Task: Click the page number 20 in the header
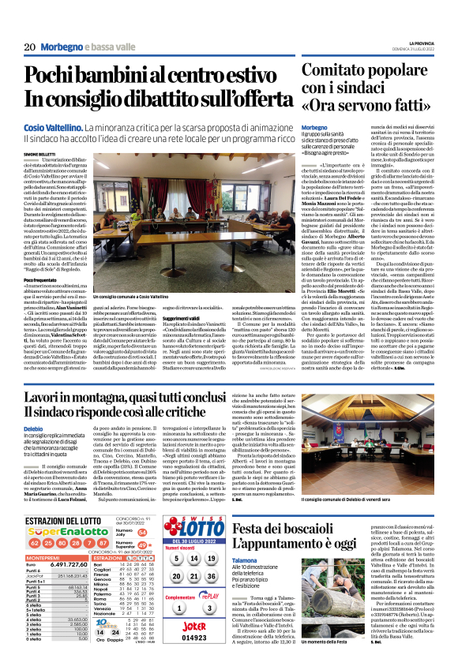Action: point(29,47)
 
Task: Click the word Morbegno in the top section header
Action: point(62,47)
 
